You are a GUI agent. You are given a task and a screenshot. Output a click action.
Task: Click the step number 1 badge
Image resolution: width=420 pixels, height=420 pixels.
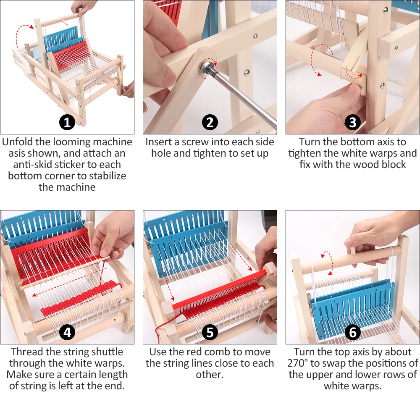click(67, 123)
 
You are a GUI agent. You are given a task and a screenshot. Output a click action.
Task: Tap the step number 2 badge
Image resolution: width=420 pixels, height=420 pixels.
click(210, 123)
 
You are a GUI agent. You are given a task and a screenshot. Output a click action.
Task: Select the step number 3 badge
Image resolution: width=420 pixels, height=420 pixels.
click(352, 123)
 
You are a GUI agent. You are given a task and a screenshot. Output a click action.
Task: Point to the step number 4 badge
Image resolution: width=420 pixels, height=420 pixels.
click(67, 332)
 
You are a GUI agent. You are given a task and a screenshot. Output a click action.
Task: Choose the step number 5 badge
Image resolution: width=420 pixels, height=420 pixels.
click(210, 332)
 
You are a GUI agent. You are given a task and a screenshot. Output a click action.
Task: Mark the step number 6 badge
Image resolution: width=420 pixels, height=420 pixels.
click(352, 332)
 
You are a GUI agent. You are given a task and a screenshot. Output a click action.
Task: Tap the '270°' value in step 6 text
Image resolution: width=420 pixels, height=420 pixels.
click(301, 363)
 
